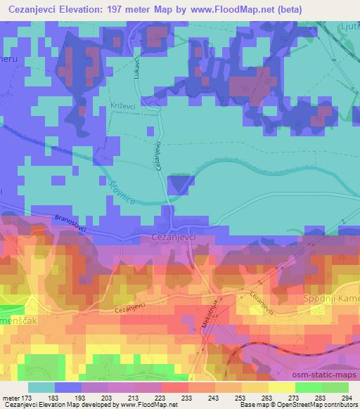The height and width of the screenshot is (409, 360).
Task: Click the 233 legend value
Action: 186,398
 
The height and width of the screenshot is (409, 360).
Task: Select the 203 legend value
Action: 106,398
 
